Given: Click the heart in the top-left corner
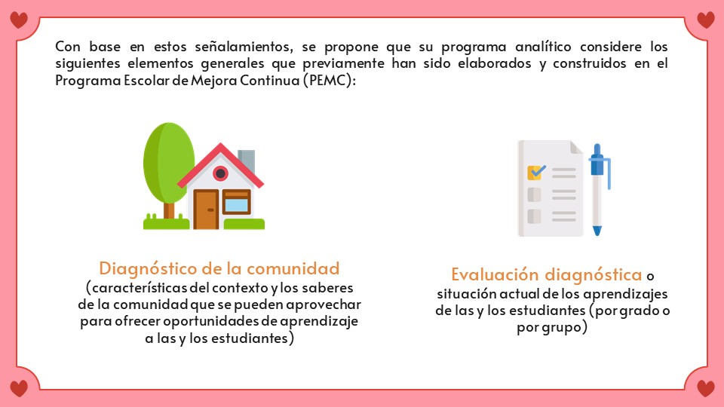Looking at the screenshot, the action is coord(18,20).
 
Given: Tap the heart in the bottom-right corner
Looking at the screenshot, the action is coord(706,388).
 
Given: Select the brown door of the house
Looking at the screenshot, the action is coord(206,209).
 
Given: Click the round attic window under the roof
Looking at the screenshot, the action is coord(220,173).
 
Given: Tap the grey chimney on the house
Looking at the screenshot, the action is coord(247,160).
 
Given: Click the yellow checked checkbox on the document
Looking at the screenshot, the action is coord(536,172).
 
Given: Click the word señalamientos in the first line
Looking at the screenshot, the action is coord(244,47).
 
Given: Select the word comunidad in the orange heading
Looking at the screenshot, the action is coord(293,268).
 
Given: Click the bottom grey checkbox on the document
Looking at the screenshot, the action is coord(534,216).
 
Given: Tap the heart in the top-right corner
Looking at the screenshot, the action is coord(706,20).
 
